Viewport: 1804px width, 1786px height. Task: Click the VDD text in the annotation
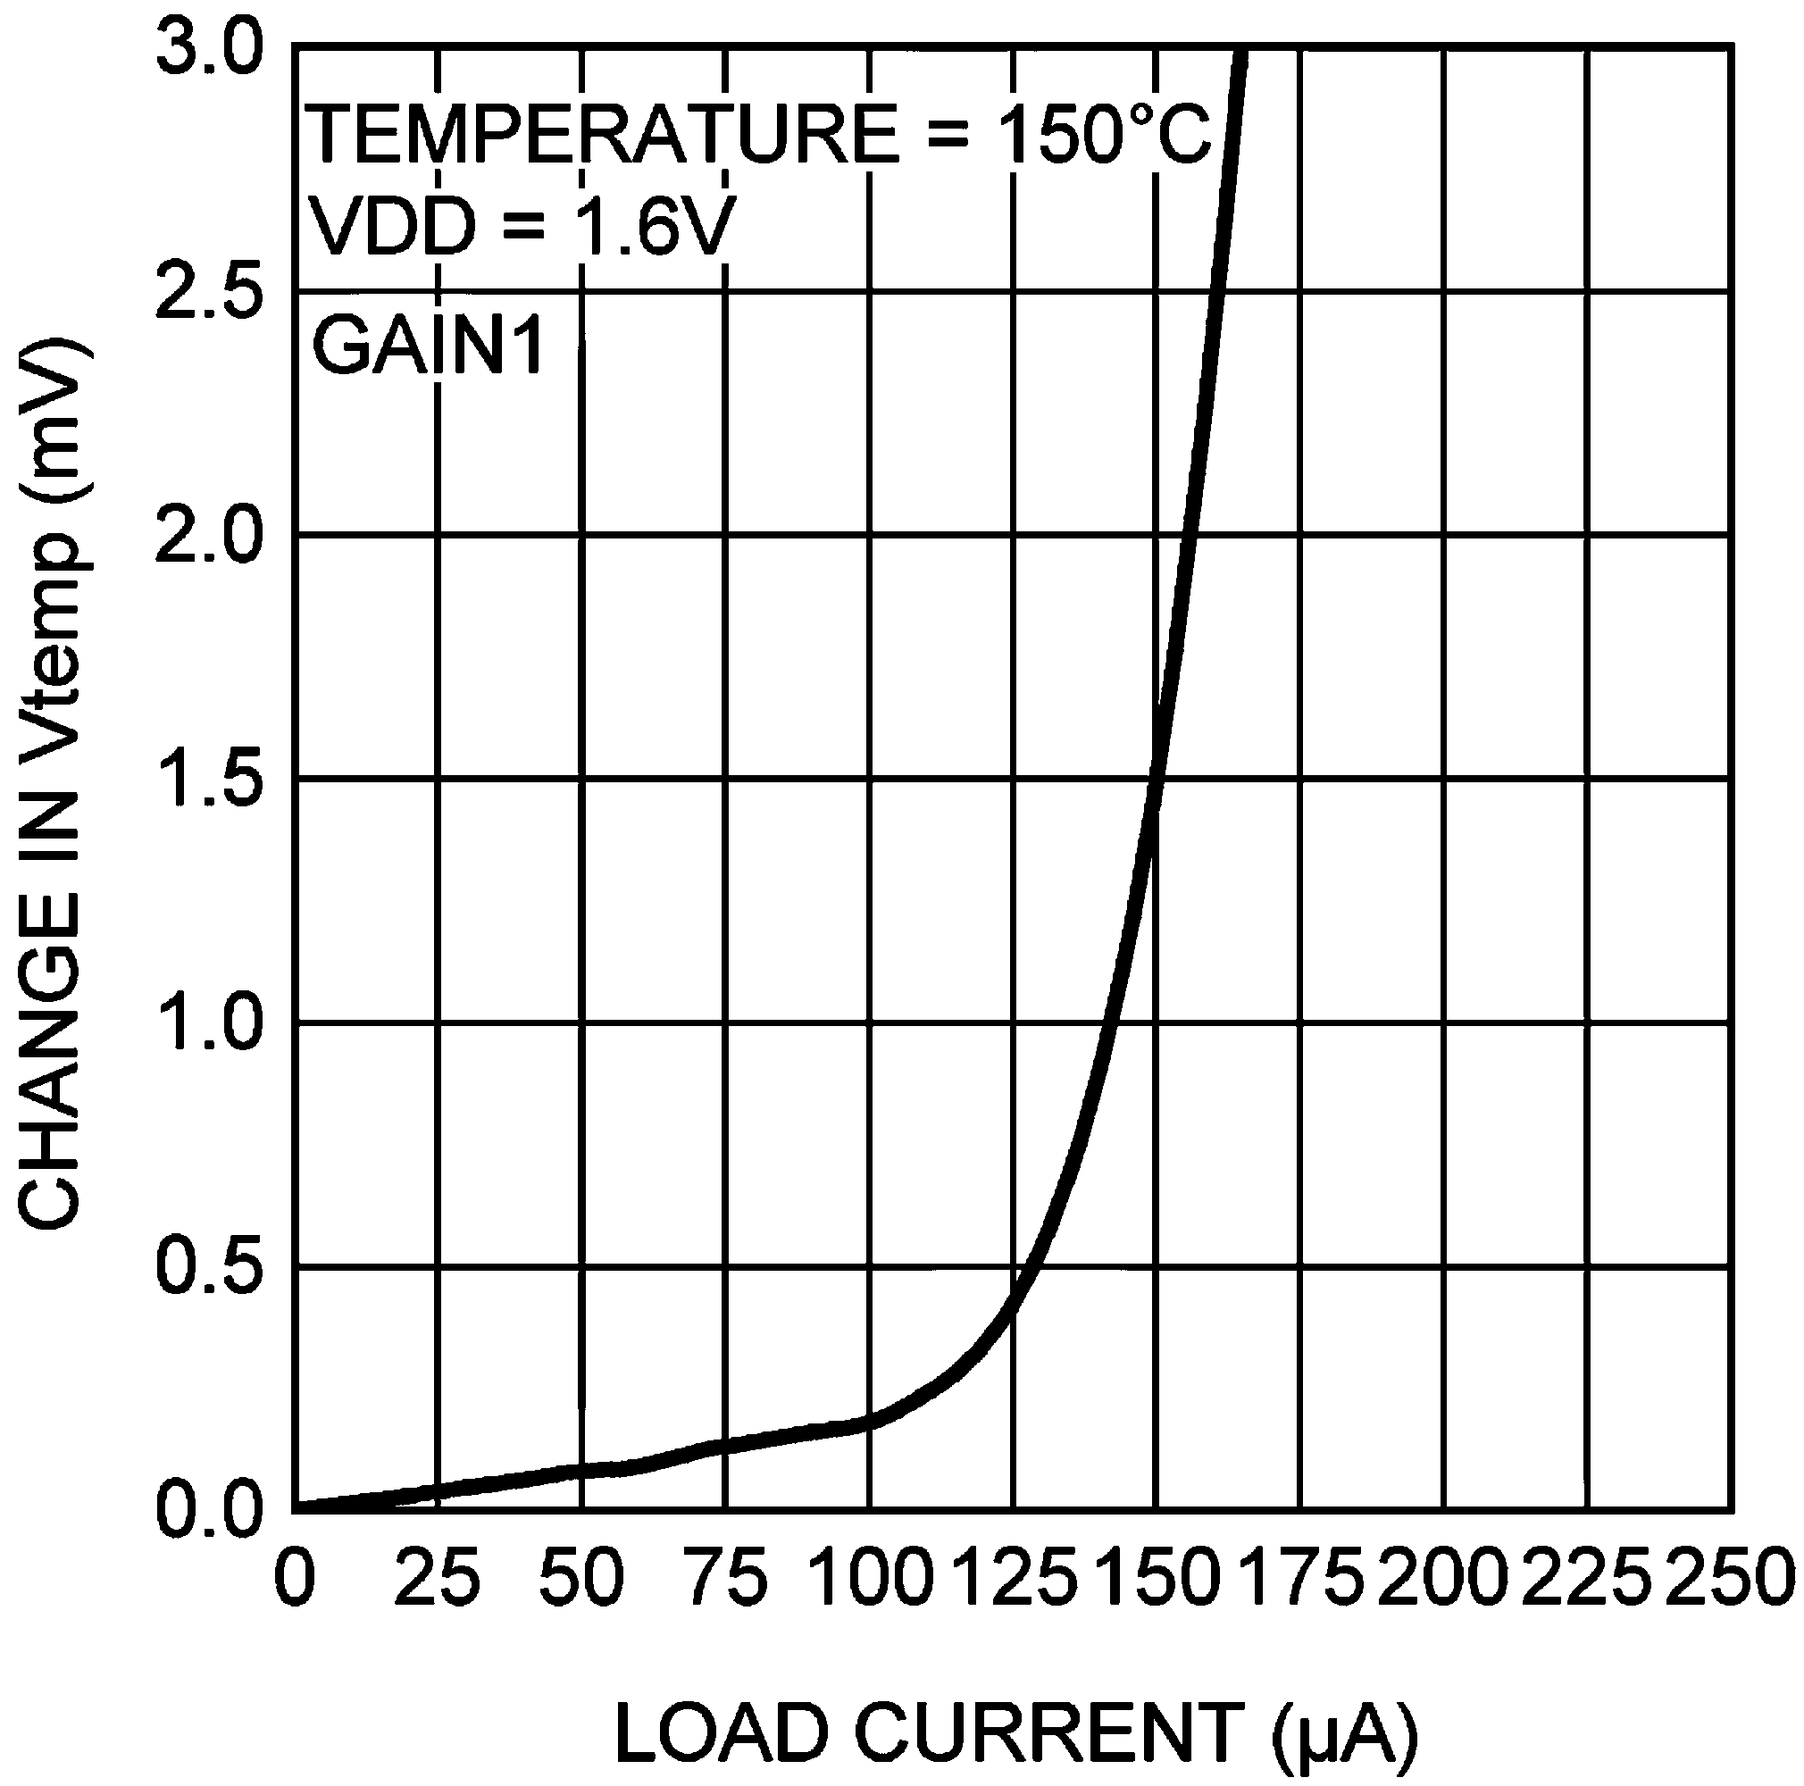tap(393, 227)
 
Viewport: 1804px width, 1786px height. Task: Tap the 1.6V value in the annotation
tap(645, 227)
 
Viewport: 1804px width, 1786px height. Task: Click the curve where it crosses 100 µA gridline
tap(869, 1423)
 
